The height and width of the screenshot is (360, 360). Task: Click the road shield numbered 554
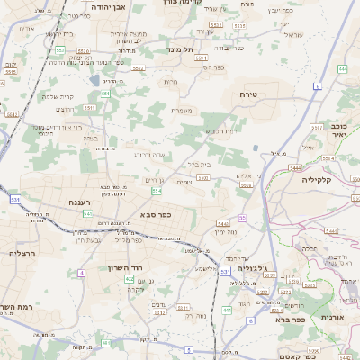click(x=157, y=190)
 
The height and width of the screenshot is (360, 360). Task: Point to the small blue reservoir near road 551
click(x=94, y=81)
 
